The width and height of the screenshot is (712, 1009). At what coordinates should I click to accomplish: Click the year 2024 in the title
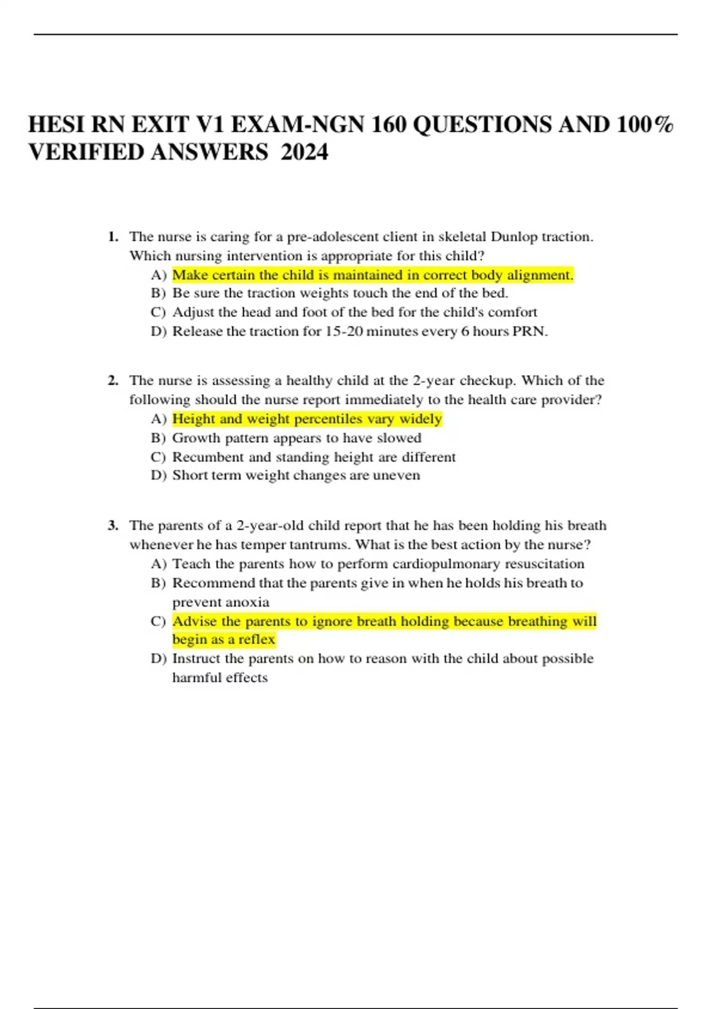(x=304, y=153)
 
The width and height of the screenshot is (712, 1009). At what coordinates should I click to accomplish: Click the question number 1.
(x=113, y=237)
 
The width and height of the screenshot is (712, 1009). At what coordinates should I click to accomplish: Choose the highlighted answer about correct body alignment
(x=373, y=275)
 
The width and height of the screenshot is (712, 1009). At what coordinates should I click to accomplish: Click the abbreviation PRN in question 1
(x=530, y=331)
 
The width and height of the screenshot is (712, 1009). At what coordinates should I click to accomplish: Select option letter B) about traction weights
(x=158, y=293)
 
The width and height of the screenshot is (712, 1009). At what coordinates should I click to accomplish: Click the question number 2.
(x=113, y=380)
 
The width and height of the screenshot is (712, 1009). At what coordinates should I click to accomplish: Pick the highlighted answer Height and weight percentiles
(x=307, y=419)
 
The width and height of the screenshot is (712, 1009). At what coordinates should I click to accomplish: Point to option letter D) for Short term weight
(x=158, y=475)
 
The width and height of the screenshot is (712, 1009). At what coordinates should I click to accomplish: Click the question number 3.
(x=113, y=525)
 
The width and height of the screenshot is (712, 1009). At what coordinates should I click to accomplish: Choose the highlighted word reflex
(x=256, y=639)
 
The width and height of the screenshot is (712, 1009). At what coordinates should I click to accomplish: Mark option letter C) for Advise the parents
(x=158, y=621)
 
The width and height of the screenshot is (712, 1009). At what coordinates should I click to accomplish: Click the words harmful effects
(x=220, y=677)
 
